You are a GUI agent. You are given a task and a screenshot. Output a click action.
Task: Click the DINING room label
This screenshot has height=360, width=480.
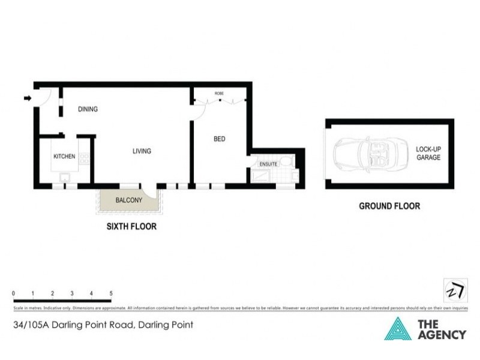[88, 109]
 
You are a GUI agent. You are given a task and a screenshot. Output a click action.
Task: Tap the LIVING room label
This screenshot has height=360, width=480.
[142, 151]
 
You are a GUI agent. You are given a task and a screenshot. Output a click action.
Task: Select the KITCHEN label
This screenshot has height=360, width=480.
[64, 157]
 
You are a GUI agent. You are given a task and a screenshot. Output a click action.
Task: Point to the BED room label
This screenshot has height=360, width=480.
[220, 139]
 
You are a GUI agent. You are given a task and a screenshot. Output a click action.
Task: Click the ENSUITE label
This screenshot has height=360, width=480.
[268, 164]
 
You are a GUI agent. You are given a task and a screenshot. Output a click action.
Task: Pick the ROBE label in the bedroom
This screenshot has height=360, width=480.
[219, 94]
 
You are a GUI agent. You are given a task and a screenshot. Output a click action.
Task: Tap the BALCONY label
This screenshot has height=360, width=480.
[128, 200]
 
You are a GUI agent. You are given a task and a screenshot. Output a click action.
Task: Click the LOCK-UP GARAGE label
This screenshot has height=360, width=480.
[428, 153]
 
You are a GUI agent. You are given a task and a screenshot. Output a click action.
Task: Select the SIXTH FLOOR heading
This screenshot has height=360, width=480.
[131, 227]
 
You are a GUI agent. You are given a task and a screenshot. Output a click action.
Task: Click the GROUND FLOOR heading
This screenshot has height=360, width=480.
[389, 206]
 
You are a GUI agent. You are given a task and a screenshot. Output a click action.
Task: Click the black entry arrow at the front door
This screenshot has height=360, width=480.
[28, 98]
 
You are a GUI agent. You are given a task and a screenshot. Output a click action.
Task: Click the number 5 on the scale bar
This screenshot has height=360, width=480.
[111, 293]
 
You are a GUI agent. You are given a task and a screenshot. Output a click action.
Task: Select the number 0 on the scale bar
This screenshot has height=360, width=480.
[13, 293]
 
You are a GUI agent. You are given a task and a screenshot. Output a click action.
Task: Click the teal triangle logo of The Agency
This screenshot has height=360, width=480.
[397, 329]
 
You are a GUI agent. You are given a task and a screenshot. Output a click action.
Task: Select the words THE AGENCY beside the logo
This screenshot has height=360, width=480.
[441, 329]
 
